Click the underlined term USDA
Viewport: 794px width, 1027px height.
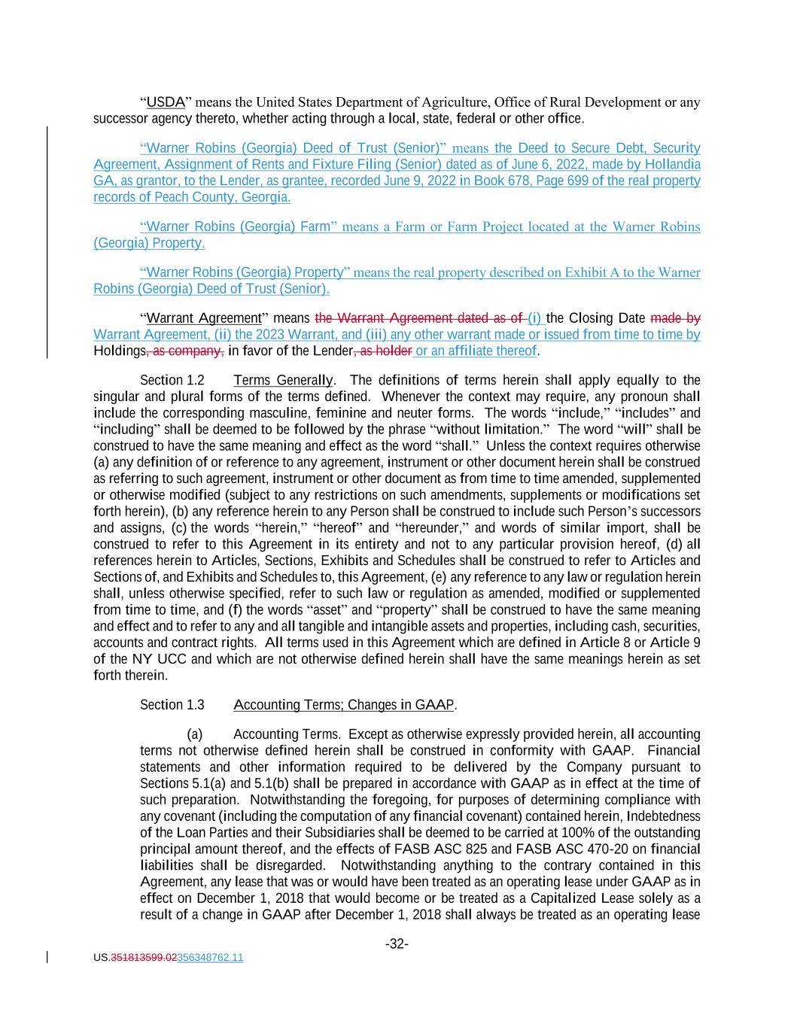tap(166, 102)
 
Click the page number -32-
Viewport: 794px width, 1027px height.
tap(397, 943)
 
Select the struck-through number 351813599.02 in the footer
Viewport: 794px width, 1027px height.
tap(143, 958)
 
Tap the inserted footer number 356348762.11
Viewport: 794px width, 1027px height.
tap(210, 958)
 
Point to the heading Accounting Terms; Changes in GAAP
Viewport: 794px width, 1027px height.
tap(344, 705)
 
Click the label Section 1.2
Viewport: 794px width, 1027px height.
tap(172, 380)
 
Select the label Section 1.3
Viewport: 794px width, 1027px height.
tap(172, 705)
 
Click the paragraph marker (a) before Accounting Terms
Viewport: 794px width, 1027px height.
tap(194, 734)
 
